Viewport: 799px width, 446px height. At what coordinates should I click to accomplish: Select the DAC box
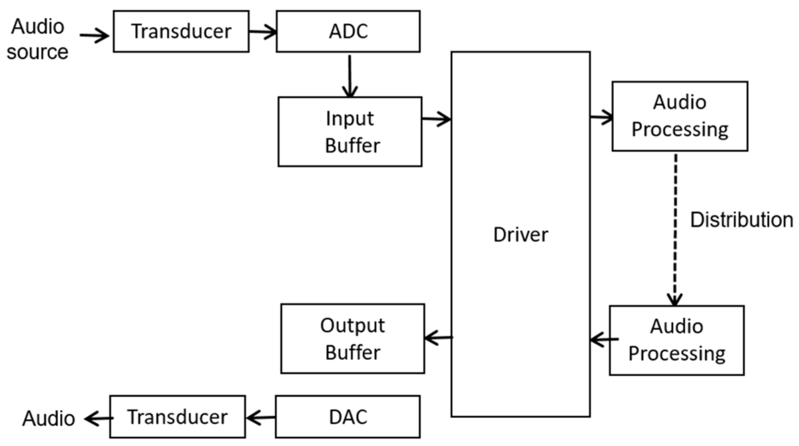(348, 417)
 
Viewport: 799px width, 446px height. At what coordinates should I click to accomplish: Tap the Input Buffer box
(350, 131)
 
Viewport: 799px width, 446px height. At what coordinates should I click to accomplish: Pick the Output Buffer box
(352, 339)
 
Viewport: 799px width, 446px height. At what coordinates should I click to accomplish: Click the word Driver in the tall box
(520, 235)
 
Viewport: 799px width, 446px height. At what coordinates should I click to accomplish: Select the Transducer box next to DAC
(177, 417)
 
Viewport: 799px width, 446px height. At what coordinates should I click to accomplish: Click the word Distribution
(740, 220)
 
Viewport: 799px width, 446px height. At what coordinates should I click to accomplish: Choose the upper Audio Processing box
(679, 116)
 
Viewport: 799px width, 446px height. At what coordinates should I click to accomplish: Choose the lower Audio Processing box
(676, 339)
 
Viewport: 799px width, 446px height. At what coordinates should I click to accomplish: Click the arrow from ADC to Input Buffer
(348, 75)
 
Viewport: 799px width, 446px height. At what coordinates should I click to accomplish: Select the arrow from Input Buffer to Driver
(437, 119)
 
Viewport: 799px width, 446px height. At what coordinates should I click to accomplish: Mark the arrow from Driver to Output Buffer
(438, 338)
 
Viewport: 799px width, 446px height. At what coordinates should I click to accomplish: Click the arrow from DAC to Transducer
(260, 418)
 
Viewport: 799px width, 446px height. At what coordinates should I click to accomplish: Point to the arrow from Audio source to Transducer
(94, 36)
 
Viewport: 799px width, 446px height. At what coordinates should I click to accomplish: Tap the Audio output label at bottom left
(49, 419)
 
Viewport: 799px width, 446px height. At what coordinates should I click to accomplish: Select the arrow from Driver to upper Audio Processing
(601, 118)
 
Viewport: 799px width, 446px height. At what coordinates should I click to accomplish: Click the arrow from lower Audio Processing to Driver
(600, 341)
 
